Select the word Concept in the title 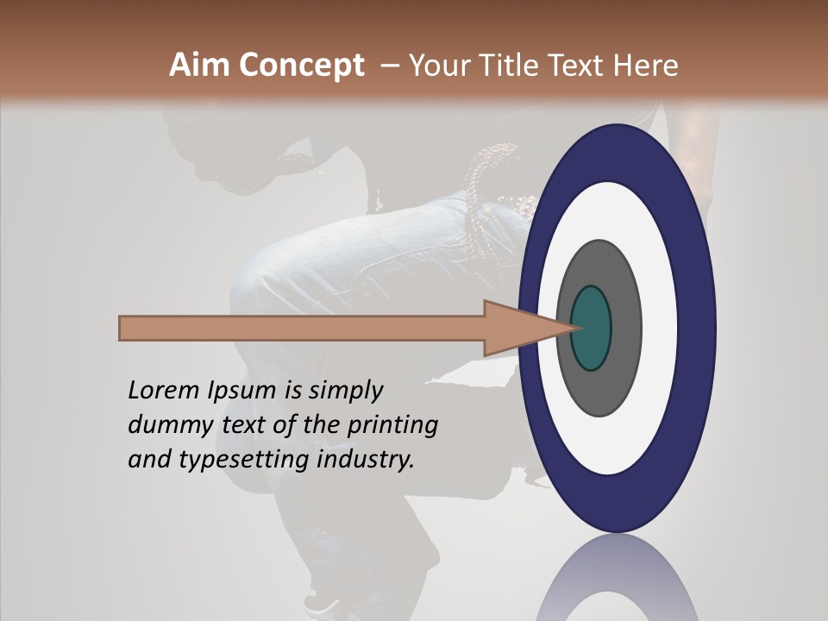click(x=300, y=66)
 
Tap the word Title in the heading click(x=519, y=66)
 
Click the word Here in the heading click(x=646, y=66)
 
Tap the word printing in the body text click(x=392, y=426)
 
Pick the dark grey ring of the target click(x=624, y=328)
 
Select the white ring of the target click(x=659, y=328)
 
